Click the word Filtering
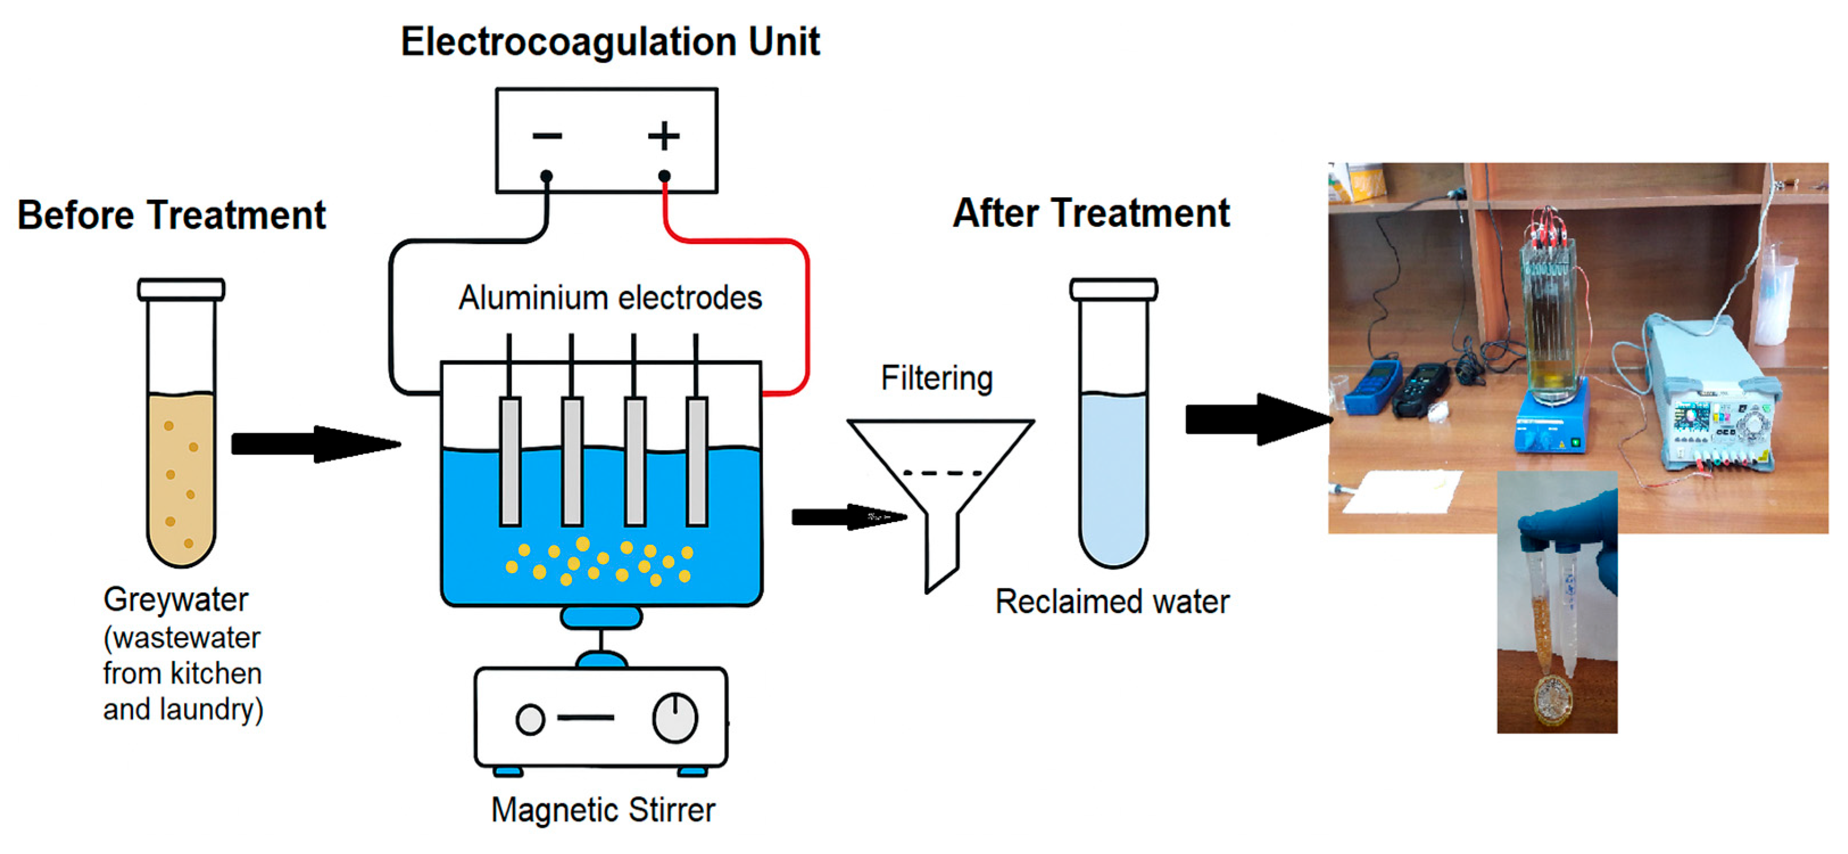936,378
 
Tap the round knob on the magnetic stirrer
675,717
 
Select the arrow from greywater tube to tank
315,444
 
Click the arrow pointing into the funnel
849,517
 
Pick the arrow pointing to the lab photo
1259,419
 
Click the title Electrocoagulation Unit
610,41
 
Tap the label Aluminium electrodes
610,298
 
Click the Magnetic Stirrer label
603,810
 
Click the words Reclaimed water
1112,602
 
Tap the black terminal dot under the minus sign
547,176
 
